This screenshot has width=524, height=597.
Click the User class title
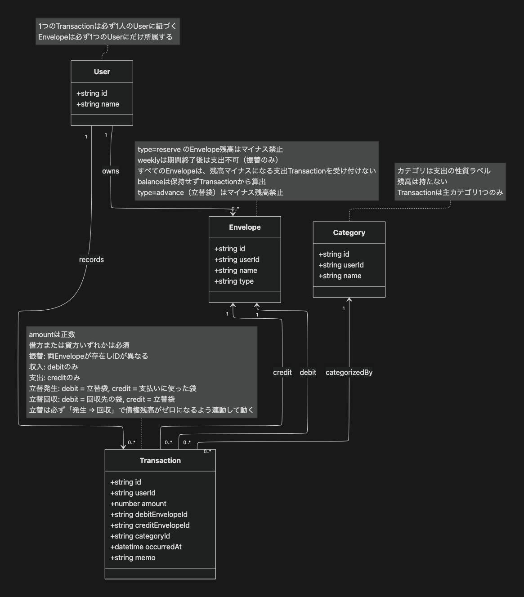coord(102,72)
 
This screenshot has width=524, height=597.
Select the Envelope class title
coord(245,227)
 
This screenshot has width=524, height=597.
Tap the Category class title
coord(349,233)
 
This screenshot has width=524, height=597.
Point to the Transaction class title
coord(160,461)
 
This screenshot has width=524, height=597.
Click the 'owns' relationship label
coord(111,171)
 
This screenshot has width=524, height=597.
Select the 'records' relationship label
coord(91,260)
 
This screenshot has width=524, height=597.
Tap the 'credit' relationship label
coord(282,373)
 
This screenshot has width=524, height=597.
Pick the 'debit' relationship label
coord(308,373)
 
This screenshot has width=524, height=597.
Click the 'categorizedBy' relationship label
coord(349,373)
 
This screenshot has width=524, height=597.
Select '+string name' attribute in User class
coord(98,104)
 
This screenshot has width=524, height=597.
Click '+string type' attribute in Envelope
coord(234,281)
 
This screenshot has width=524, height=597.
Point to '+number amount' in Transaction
coord(138,504)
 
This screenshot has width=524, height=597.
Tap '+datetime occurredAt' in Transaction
coord(146,547)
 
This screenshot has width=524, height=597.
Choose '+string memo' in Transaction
coord(133,558)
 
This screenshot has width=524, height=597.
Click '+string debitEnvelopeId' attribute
coord(149,515)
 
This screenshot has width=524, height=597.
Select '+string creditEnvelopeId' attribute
coord(150,526)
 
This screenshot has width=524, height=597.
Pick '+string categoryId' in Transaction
coord(140,536)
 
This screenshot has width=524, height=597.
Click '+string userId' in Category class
coord(341,265)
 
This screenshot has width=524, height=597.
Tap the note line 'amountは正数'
coord(52,335)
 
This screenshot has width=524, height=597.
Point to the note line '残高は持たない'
coord(422,182)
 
